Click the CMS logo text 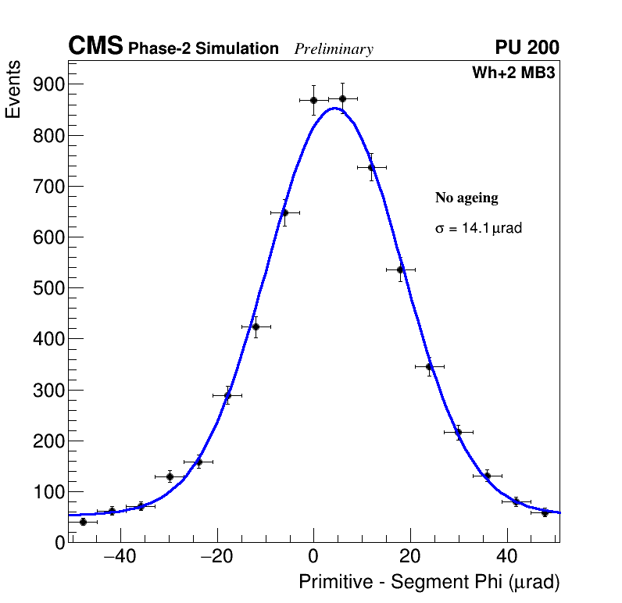[95, 47]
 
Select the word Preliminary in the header [334, 49]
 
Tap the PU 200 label [527, 48]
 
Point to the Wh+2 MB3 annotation [513, 73]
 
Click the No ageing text [466, 198]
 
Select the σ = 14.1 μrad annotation [478, 229]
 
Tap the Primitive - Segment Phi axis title [429, 583]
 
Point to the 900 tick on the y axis [48, 84]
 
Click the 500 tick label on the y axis [48, 288]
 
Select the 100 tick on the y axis [48, 492]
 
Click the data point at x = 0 [313, 100]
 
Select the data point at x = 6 [342, 98]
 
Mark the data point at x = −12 [256, 326]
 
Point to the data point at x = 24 [429, 366]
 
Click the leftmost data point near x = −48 [83, 521]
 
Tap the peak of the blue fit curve [334, 109]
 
